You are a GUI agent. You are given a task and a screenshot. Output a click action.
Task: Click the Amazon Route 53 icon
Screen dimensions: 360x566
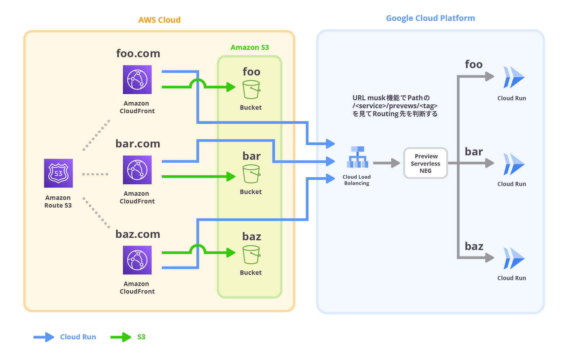pyautogui.click(x=58, y=173)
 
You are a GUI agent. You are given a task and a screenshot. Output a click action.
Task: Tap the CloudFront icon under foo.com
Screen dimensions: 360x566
pyautogui.click(x=137, y=80)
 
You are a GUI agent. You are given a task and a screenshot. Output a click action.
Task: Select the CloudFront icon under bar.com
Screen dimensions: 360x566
pyautogui.click(x=137, y=170)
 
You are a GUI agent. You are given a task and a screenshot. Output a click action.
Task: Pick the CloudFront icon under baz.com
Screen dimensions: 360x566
pyautogui.click(x=137, y=260)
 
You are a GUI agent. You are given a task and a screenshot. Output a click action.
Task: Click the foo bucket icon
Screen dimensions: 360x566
pyautogui.click(x=251, y=90)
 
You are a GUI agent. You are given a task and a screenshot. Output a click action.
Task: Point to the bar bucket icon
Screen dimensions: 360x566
pyautogui.click(x=251, y=174)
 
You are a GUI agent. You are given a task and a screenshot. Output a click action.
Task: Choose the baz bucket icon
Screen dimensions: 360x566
pyautogui.click(x=251, y=255)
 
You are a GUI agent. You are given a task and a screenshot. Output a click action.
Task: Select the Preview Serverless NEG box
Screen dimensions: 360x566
pyautogui.click(x=425, y=163)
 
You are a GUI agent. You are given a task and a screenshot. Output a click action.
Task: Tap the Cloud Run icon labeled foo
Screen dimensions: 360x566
pyautogui.click(x=514, y=77)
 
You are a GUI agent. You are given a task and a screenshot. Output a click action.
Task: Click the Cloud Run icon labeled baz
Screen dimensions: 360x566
pyautogui.click(x=514, y=258)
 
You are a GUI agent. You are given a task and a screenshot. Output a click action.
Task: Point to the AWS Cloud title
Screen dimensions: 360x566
pyautogui.click(x=159, y=20)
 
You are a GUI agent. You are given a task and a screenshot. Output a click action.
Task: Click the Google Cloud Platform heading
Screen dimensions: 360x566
pyautogui.click(x=430, y=18)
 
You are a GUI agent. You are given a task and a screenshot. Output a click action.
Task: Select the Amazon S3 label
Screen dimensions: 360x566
pyautogui.click(x=250, y=47)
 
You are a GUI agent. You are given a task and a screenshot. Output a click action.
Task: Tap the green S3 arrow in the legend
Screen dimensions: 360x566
pyautogui.click(x=121, y=337)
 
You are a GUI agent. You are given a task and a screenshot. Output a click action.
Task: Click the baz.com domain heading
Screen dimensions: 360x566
pyautogui.click(x=138, y=234)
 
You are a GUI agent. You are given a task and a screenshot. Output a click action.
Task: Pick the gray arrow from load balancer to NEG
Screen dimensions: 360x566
pyautogui.click(x=386, y=163)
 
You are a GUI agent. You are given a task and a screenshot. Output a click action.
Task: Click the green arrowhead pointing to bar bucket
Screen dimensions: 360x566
pyautogui.click(x=231, y=177)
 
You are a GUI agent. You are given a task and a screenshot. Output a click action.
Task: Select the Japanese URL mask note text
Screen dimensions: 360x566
pyautogui.click(x=395, y=106)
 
